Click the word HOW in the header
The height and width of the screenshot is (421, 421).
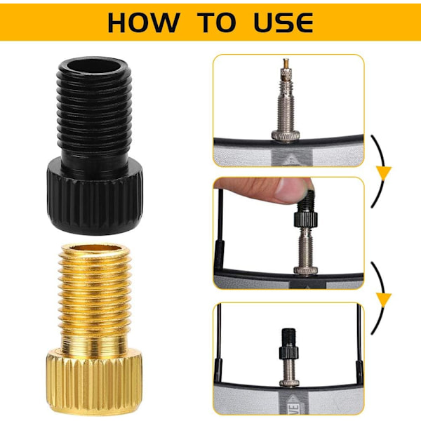pos(143,23)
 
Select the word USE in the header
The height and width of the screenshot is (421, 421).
pos(283,23)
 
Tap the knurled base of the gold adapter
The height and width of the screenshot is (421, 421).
pos(94,383)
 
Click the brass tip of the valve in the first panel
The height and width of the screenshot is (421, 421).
pos(286,63)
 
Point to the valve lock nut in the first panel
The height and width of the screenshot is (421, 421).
pos(286,135)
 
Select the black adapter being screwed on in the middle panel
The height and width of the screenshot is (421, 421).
pos(306,209)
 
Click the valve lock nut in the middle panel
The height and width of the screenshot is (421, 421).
pos(305,270)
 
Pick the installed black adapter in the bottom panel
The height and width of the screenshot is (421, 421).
pos(289,345)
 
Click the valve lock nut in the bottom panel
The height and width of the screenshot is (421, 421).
pos(289,382)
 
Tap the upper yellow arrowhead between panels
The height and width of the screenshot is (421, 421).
pos(384,173)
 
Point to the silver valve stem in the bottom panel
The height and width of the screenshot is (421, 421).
pos(289,369)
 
